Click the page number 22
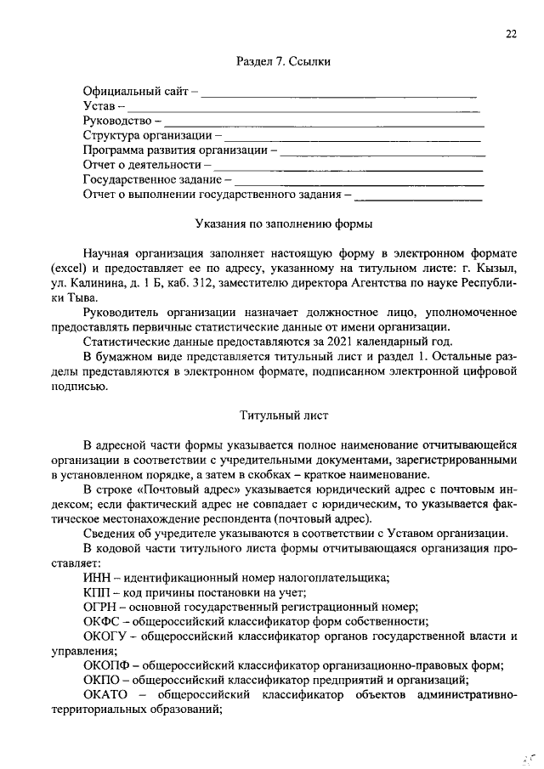[511, 34]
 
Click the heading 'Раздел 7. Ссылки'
[283, 62]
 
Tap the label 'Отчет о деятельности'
[142, 165]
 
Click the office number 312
[229, 283]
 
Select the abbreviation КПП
[98, 592]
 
